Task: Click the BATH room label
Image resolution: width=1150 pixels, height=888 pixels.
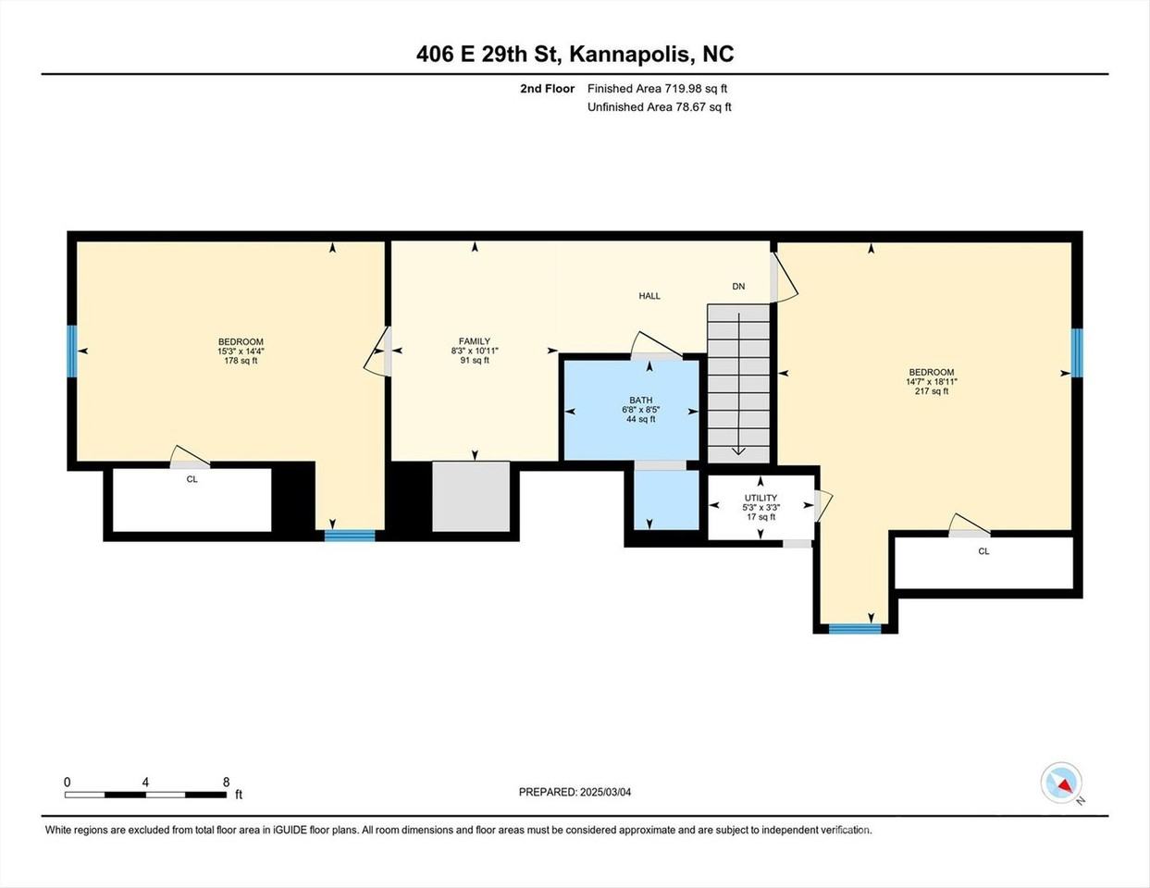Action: tap(640, 400)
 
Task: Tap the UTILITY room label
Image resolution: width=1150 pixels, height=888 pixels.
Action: tap(760, 498)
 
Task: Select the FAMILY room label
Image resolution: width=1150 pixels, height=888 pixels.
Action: tap(475, 341)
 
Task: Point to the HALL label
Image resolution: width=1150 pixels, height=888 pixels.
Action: tap(649, 296)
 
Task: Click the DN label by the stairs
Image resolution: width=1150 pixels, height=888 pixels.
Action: tap(738, 286)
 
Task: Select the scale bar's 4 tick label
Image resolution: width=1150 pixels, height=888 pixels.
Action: tap(145, 782)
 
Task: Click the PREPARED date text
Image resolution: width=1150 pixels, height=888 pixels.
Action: tap(575, 793)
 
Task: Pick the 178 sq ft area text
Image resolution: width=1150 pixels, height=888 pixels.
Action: tap(241, 361)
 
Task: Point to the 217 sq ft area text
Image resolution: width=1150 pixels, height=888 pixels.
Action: tap(932, 391)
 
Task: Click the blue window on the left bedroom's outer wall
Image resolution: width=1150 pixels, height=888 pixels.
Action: tap(71, 351)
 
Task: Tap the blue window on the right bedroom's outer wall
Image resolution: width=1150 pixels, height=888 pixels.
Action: tap(1077, 352)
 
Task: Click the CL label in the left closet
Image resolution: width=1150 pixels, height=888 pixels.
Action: tap(192, 479)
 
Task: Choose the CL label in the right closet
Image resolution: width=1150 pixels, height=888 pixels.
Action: tap(983, 551)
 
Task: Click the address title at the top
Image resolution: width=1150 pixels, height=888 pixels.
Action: tap(575, 54)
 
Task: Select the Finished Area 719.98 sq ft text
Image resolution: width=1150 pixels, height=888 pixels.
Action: tap(657, 88)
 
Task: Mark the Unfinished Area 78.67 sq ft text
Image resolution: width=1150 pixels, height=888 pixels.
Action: tap(660, 106)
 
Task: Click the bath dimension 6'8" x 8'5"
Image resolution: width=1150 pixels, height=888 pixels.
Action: tap(640, 410)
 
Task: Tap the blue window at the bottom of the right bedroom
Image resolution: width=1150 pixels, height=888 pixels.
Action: tap(855, 629)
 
